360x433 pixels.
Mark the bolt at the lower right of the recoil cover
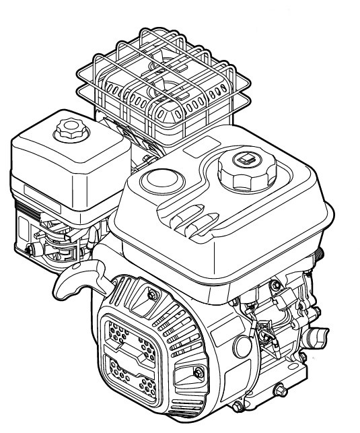[197, 372]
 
